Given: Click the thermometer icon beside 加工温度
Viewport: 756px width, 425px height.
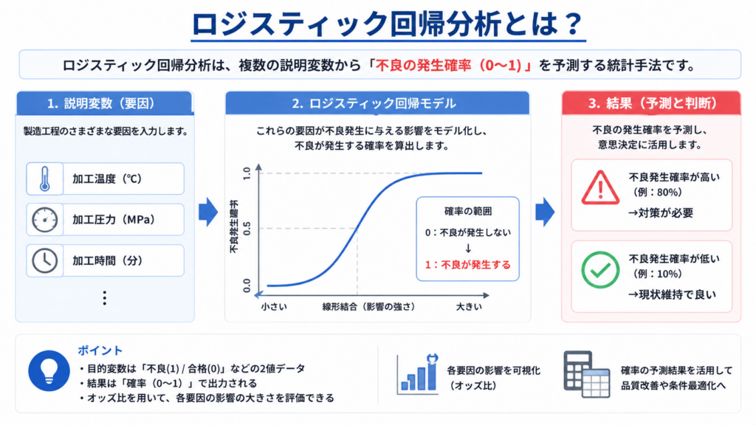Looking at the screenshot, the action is pyautogui.click(x=45, y=179).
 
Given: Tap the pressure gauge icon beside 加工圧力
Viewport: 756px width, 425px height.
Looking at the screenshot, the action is pyautogui.click(x=45, y=220).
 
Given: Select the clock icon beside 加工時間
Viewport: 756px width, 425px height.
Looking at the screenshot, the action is pyautogui.click(x=45, y=260).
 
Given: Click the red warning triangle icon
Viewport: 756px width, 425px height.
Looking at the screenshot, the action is pyautogui.click(x=600, y=188).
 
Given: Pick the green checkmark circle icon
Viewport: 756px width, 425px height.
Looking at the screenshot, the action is pyautogui.click(x=600, y=270).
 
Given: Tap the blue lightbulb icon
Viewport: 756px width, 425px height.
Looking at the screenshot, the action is pyautogui.click(x=49, y=370).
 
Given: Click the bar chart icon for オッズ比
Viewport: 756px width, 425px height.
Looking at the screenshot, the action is pyautogui.click(x=418, y=374).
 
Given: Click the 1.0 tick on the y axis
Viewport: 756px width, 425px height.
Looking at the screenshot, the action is pyautogui.click(x=247, y=173).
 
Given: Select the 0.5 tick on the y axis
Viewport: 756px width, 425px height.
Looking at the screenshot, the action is pyautogui.click(x=247, y=229).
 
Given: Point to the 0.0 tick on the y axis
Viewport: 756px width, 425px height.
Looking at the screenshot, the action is pyautogui.click(x=247, y=286).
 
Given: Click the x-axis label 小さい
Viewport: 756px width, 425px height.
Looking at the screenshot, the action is pyautogui.click(x=274, y=306).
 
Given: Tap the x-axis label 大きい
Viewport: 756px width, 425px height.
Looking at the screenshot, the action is pyautogui.click(x=469, y=306).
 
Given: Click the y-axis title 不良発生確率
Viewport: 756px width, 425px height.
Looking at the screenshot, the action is pyautogui.click(x=234, y=227).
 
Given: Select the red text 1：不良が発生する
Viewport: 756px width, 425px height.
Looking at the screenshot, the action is pyautogui.click(x=467, y=265).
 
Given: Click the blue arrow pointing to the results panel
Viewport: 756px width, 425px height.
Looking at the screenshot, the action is pyautogui.click(x=545, y=212).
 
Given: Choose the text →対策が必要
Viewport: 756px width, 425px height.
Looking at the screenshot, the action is pyautogui.click(x=661, y=212).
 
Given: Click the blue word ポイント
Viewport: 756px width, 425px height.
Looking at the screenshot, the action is pyautogui.click(x=100, y=350).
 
